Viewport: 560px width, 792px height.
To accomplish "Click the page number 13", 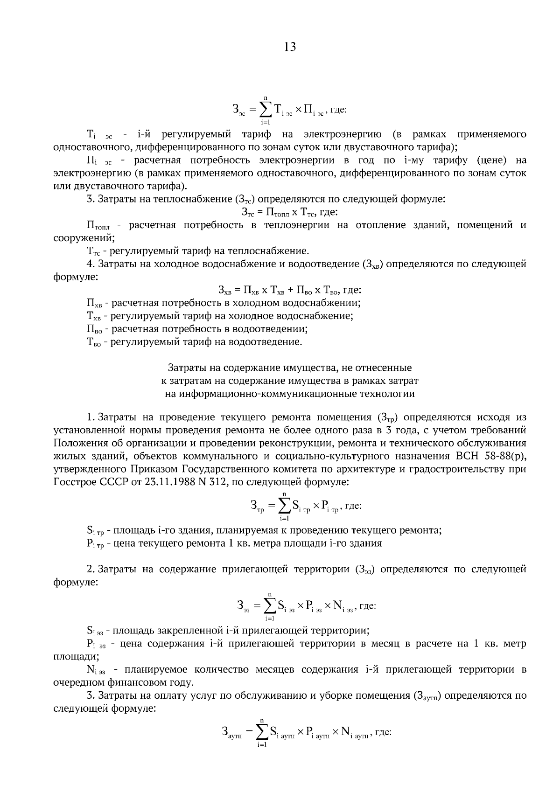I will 289,47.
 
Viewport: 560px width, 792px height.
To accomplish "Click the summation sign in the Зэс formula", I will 266,110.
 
